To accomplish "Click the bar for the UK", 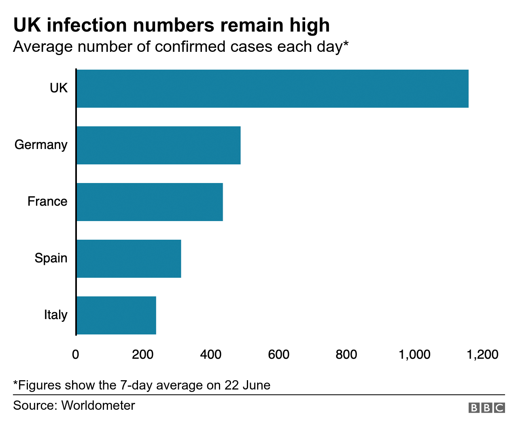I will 272,89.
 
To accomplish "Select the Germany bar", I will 159,145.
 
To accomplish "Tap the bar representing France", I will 150,202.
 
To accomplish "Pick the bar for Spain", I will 129,259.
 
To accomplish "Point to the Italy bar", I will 116,315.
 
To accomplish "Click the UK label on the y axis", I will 59,88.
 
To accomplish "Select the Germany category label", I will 41,145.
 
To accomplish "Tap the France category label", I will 47,201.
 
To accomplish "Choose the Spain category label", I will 51,258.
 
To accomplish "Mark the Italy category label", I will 56,315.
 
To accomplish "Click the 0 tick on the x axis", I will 76,355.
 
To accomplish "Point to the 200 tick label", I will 143,355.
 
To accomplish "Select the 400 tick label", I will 211,355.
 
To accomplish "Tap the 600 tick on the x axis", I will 279,355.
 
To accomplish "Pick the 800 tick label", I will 346,355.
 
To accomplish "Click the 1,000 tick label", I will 414,355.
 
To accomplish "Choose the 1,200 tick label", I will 482,355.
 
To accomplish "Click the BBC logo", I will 486,408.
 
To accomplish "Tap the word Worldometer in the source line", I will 98,405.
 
